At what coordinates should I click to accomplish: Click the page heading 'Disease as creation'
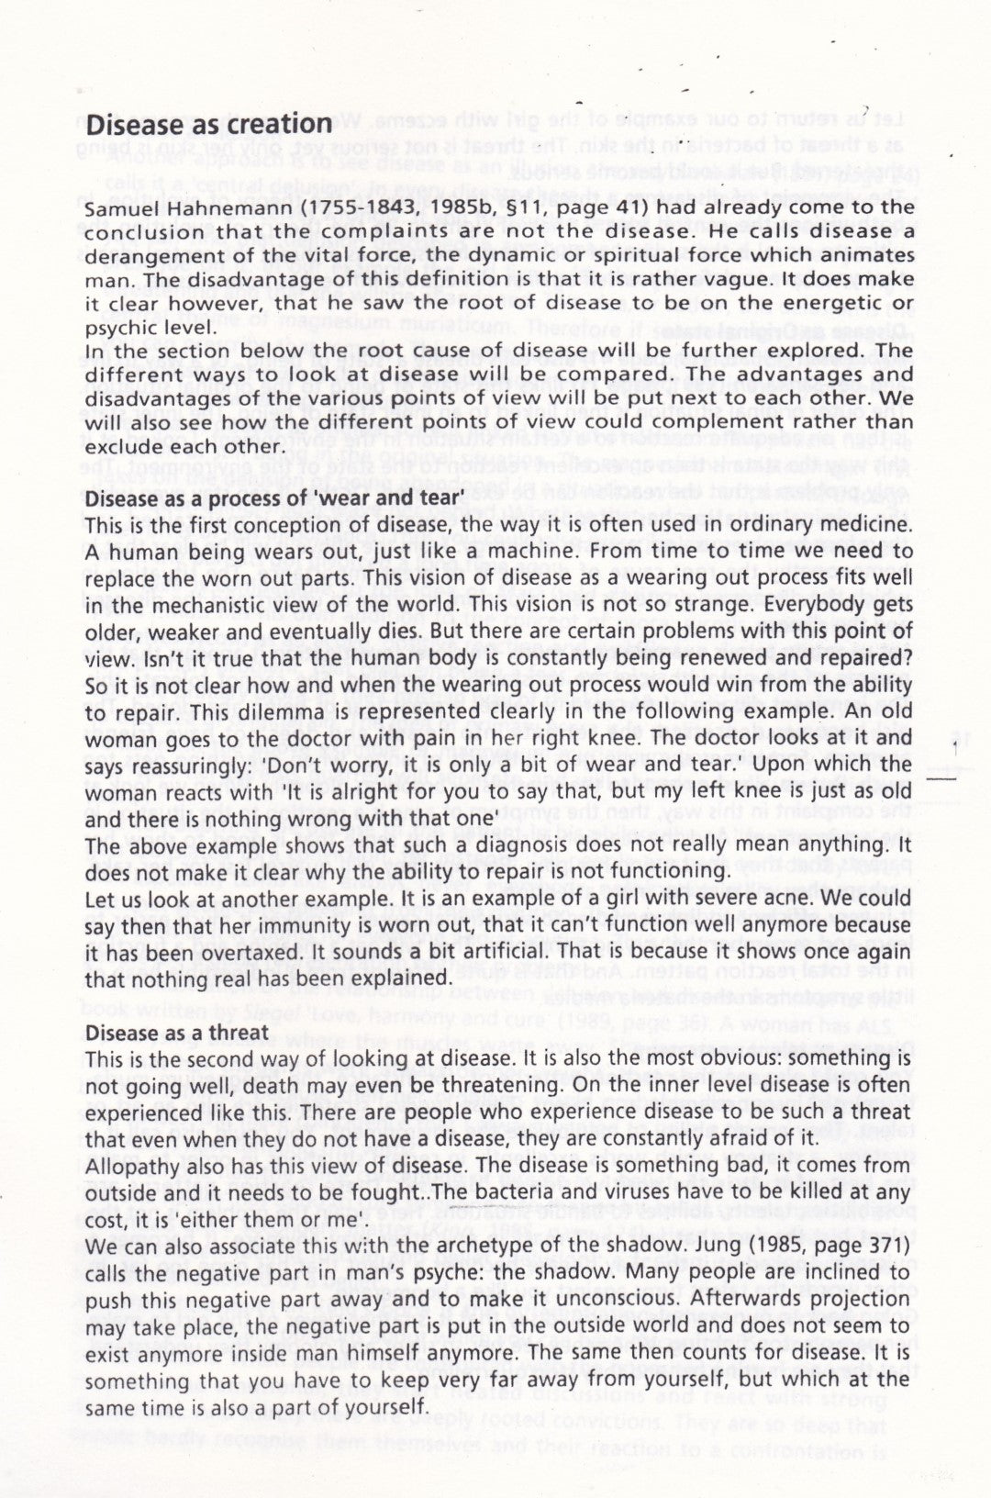click(x=208, y=125)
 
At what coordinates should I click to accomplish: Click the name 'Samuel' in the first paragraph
click(x=119, y=207)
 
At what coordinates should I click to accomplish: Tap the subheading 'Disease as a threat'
click(x=177, y=1033)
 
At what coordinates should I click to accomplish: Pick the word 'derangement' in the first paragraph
click(x=146, y=255)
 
